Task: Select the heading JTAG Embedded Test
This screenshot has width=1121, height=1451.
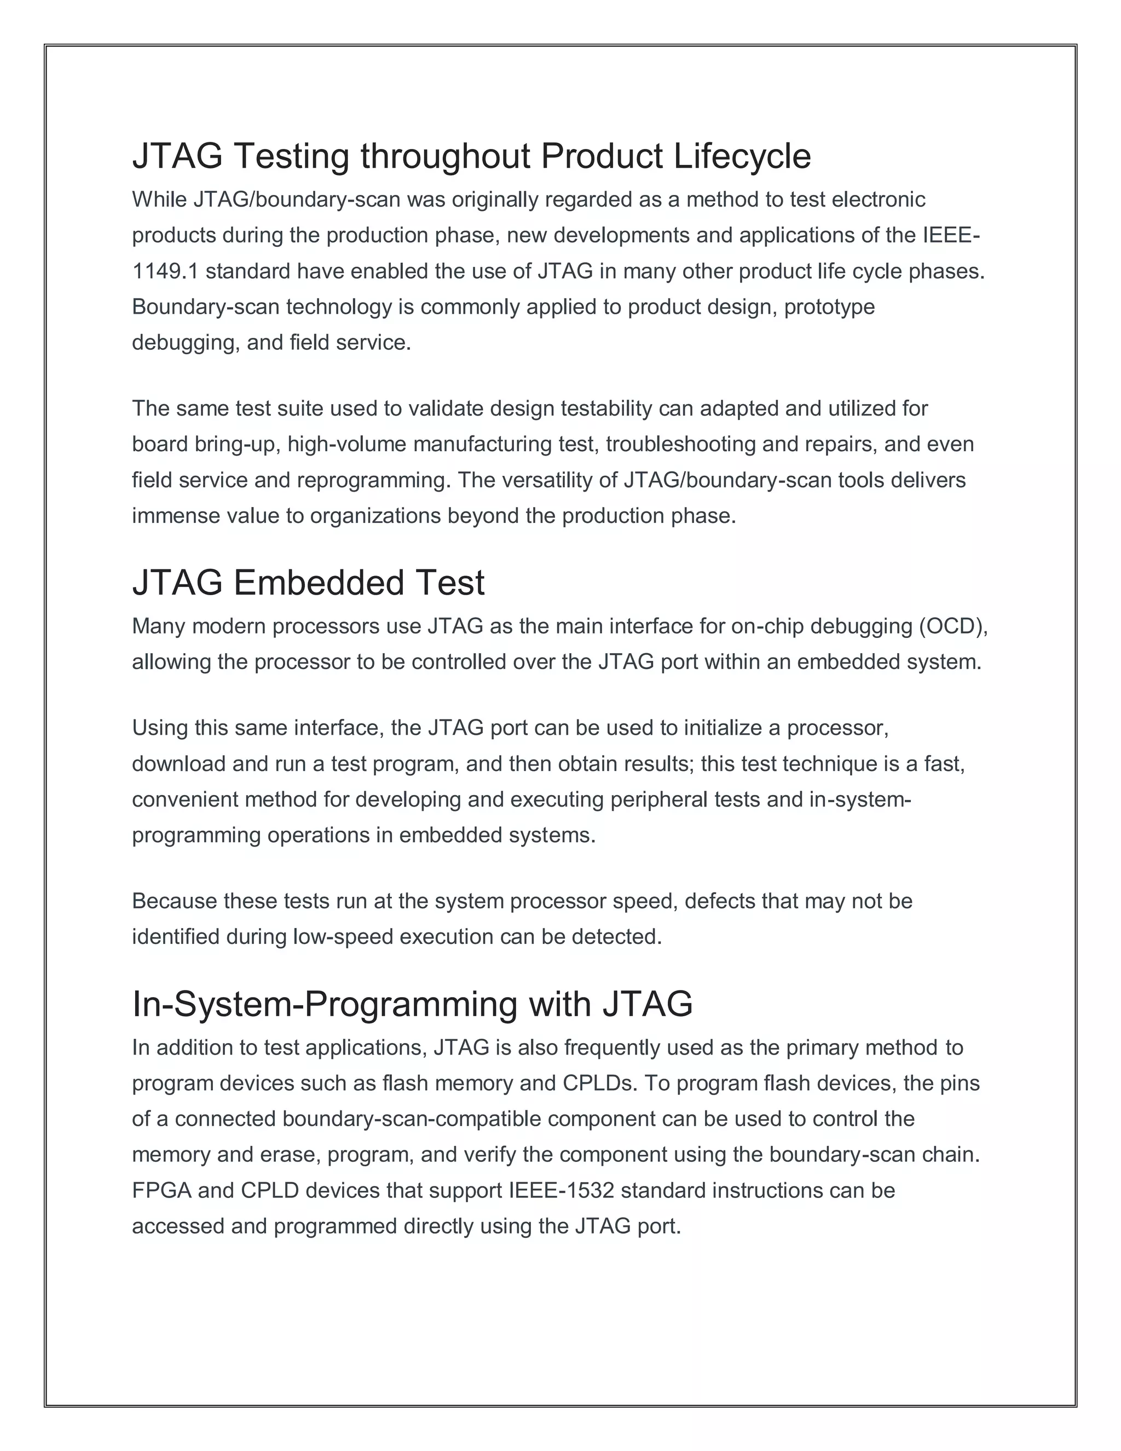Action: coord(308,583)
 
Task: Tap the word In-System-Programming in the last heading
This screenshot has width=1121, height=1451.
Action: coord(325,1004)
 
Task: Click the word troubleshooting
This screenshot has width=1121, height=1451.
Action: coord(681,444)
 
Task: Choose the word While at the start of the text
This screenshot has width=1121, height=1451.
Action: coord(159,199)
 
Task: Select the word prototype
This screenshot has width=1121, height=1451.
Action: coord(829,307)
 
